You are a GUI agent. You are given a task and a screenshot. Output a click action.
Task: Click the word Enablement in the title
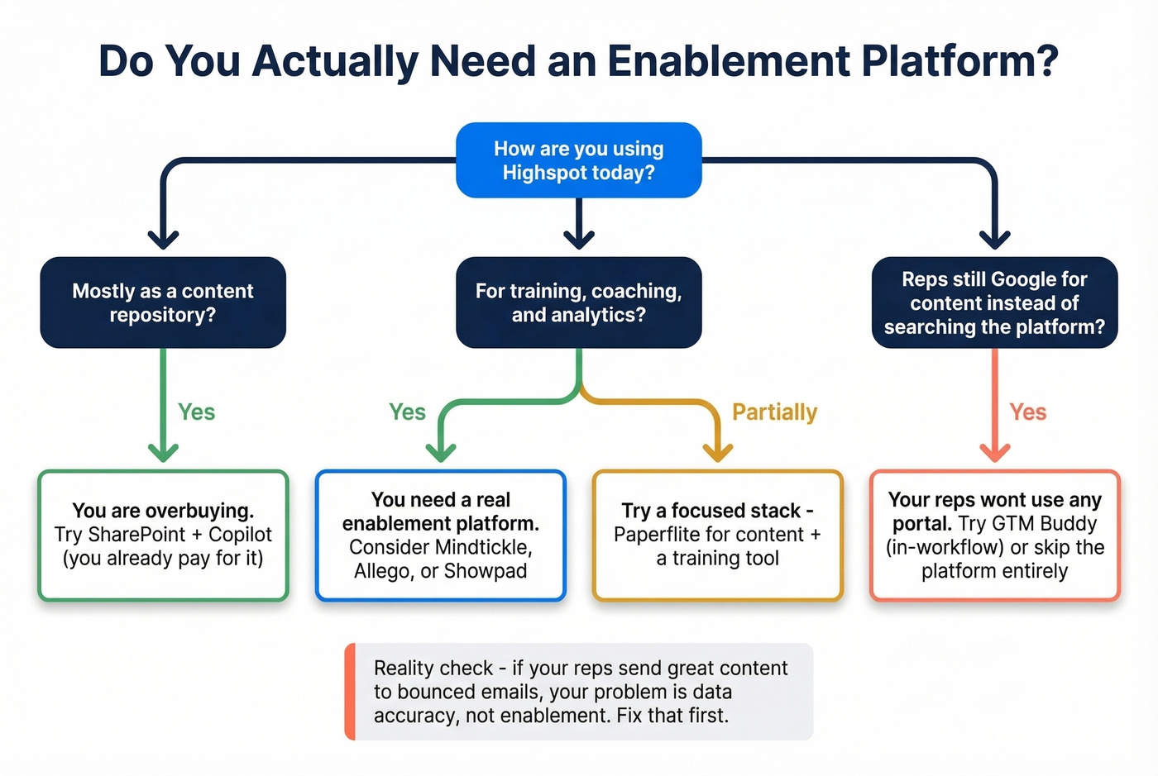coord(728,61)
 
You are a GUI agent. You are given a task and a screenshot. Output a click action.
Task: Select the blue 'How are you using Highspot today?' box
coord(579,160)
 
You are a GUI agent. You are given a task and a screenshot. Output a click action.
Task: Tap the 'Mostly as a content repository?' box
coord(163,302)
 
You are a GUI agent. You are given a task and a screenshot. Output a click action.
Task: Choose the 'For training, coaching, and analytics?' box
coord(579,302)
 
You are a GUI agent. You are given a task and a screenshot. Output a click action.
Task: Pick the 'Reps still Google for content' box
coord(994,302)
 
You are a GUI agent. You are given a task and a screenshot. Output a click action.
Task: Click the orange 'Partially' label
coord(774,412)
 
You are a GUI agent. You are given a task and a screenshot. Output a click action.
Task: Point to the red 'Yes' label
coord(1027,412)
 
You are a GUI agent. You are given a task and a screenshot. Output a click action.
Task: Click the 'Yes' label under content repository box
coord(196,412)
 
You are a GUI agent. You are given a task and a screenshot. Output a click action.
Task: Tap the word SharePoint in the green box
coord(137,535)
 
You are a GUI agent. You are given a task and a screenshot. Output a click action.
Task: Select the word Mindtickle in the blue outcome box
coord(482,547)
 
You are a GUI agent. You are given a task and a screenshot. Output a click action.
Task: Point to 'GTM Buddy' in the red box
coord(1044,523)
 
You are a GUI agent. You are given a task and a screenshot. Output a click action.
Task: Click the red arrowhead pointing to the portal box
coord(994,452)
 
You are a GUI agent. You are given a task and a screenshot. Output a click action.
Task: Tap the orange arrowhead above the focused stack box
coord(717,452)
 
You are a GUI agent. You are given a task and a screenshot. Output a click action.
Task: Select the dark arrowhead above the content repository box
coord(163,239)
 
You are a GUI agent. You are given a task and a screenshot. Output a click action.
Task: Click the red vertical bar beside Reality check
coord(351,692)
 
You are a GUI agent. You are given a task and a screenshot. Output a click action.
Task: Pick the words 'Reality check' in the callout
coord(433,668)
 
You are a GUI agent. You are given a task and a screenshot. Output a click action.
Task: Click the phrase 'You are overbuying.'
coord(163,511)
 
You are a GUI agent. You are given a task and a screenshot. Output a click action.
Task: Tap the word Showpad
coord(485,571)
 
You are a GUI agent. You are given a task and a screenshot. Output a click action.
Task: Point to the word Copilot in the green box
coord(240,535)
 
